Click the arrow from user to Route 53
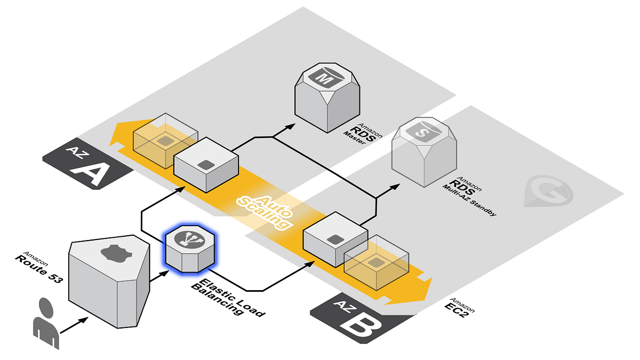pos(74,326)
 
